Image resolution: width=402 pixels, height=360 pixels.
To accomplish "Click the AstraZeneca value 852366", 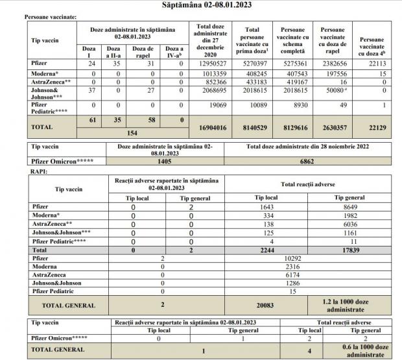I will [x=205, y=84].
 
